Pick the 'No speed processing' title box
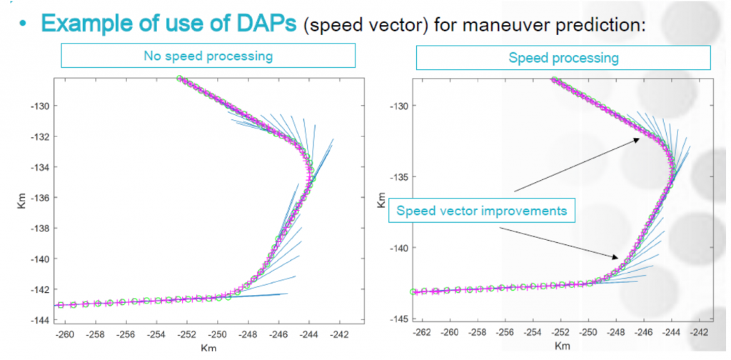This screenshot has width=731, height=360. tap(208, 56)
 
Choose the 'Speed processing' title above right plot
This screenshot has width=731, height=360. tap(564, 56)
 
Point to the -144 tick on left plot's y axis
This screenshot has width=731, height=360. tap(39, 319)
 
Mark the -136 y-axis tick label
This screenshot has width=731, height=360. tap(39, 198)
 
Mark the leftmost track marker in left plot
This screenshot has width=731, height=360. tap(61, 305)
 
